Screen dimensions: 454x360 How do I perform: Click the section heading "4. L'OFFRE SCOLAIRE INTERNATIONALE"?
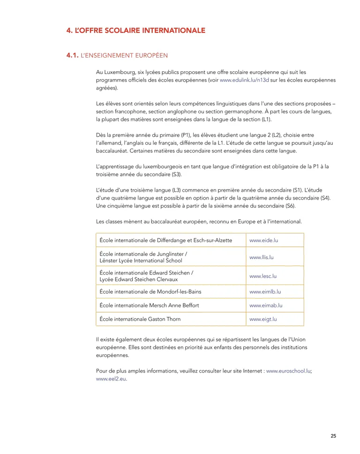(x=135, y=31)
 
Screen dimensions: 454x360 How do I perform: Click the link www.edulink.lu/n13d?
(x=244, y=80)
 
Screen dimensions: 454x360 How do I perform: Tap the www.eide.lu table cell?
(x=264, y=240)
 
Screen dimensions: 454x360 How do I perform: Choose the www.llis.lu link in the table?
(x=261, y=257)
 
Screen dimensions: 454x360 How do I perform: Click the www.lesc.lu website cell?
(x=262, y=276)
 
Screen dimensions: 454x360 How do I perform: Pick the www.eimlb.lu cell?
(x=265, y=291)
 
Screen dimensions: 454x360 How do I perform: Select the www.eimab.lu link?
(x=266, y=305)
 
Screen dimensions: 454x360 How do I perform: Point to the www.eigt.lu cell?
(x=263, y=319)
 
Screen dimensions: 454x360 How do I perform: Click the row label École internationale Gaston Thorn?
(x=140, y=319)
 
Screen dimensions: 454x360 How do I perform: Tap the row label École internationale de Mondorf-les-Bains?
(x=150, y=291)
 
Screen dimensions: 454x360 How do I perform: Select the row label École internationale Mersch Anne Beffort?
(x=149, y=305)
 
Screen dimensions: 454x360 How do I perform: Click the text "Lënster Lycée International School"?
(x=141, y=260)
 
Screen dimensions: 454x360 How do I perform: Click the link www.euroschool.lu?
(x=288, y=371)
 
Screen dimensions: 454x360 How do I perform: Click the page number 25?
(x=333, y=436)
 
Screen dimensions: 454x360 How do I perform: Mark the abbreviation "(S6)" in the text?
(x=291, y=206)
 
